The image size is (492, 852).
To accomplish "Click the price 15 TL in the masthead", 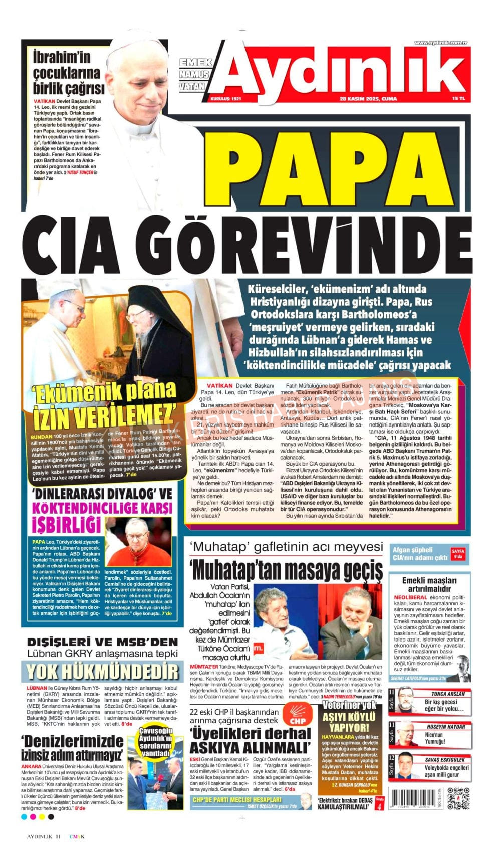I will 458,99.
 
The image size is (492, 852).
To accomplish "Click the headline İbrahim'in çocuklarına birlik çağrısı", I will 68,73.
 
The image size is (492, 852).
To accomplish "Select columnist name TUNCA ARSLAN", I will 448,694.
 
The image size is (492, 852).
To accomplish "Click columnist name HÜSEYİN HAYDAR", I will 446,726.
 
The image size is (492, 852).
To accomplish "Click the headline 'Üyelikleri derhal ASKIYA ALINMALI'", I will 250,740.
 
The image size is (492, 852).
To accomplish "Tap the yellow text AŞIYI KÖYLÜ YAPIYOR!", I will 349,722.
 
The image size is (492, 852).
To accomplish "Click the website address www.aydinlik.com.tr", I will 440,43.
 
